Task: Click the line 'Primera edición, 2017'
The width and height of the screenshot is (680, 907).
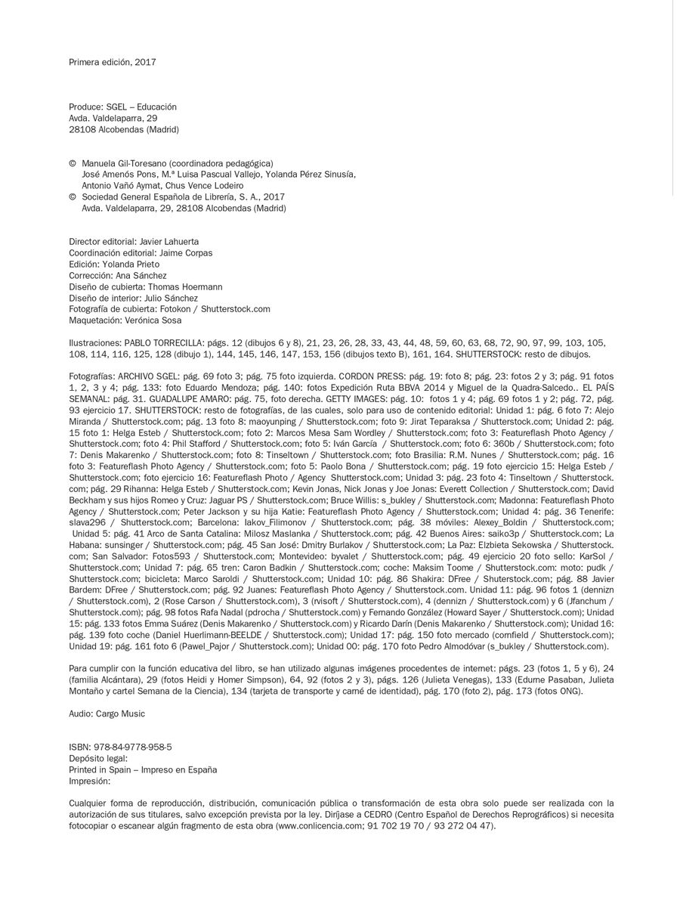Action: pos(112,62)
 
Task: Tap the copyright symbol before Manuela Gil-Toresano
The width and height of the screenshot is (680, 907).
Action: pos(73,163)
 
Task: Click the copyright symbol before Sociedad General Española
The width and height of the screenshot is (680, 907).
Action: pos(73,197)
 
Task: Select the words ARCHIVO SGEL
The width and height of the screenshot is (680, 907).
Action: pos(154,376)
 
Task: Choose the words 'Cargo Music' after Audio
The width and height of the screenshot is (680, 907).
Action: pos(120,714)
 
